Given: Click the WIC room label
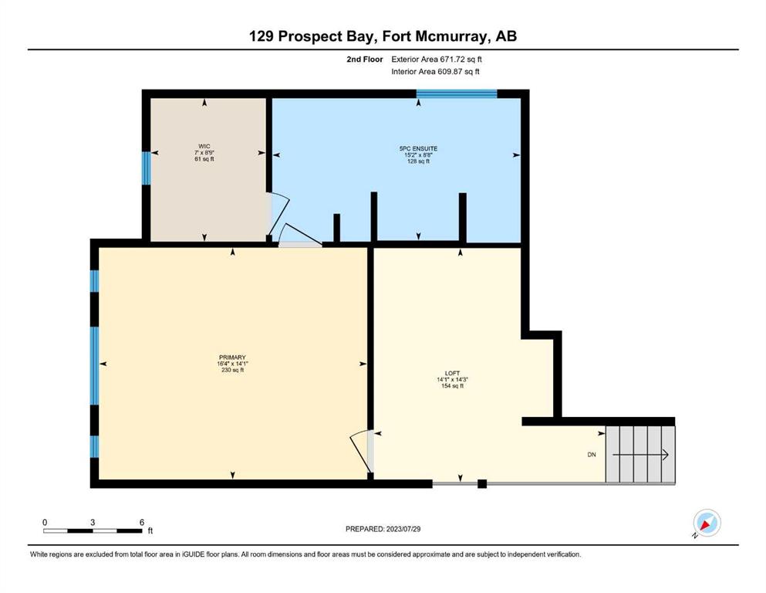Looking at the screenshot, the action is click(x=204, y=147).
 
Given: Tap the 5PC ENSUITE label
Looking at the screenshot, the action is click(x=418, y=148).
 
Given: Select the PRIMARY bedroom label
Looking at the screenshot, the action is click(x=232, y=357).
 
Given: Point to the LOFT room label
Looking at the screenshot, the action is click(x=452, y=373).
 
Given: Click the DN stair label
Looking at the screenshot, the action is click(x=592, y=455).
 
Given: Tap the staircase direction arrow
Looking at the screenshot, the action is click(x=640, y=455).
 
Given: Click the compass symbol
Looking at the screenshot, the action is click(x=707, y=523).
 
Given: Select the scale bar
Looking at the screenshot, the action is click(x=93, y=530).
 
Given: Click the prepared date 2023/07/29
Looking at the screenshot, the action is click(x=403, y=529).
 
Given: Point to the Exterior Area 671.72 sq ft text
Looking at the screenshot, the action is click(x=437, y=59).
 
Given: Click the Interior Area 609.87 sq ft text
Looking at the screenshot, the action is click(x=435, y=71).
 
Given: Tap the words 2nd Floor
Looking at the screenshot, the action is click(x=365, y=59).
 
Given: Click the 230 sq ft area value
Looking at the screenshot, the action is click(x=232, y=370).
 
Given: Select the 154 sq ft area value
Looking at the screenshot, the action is click(x=452, y=386).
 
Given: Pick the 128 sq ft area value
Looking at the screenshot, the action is click(x=418, y=161).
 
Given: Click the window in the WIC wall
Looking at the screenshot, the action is click(x=146, y=168).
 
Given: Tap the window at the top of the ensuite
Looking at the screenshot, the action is click(x=456, y=94).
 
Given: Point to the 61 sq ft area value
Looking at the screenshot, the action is click(x=204, y=159).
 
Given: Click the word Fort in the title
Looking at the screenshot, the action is click(x=396, y=36).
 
